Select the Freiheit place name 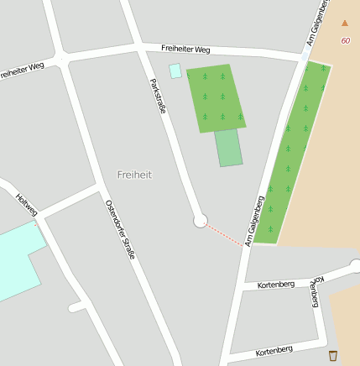[134, 175]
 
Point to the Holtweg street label [27, 206]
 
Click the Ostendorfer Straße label [121, 228]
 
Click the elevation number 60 [346, 40]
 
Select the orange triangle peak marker [344, 23]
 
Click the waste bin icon [333, 354]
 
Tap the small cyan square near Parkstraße [175, 71]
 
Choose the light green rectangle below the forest [228, 148]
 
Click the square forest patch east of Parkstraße [216, 97]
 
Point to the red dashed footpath [225, 233]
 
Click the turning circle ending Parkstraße [200, 221]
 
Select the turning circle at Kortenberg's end [355, 266]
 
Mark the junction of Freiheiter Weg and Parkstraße [139, 47]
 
